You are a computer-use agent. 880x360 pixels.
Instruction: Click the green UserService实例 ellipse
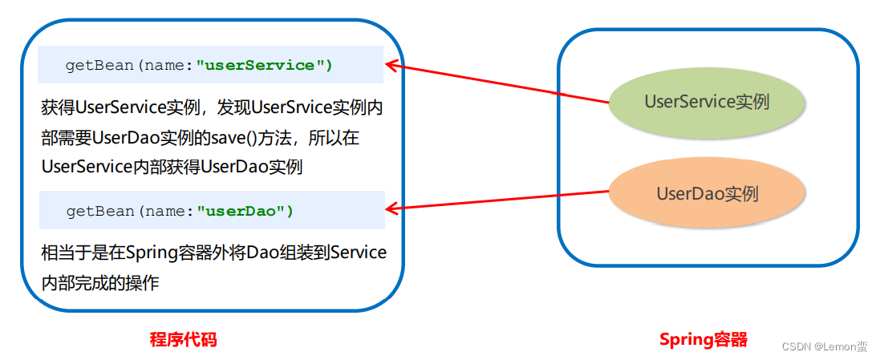click(706, 103)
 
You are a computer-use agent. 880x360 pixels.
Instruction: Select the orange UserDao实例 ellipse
click(707, 193)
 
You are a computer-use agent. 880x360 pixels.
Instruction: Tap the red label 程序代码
click(183, 339)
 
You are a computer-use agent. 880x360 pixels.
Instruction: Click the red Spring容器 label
click(703, 339)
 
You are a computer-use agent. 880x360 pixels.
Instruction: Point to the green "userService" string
click(264, 66)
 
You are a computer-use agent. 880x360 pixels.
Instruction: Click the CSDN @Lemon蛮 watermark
click(824, 346)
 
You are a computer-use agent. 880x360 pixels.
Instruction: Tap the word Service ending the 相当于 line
click(358, 253)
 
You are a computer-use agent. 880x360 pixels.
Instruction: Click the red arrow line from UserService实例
click(497, 83)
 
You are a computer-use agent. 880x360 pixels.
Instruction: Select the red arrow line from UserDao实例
click(497, 200)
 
